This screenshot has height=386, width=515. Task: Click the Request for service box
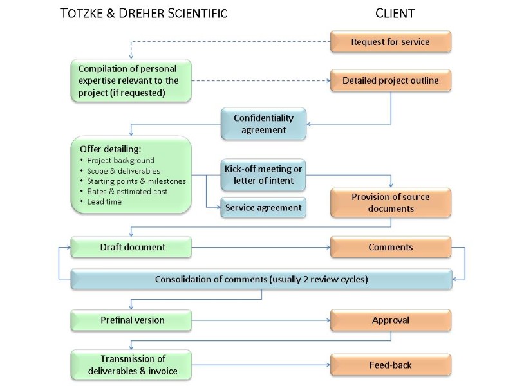click(390, 42)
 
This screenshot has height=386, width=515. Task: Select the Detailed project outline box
click(390, 80)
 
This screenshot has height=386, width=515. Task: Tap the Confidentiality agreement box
click(263, 124)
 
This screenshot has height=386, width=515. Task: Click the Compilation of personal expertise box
click(131, 81)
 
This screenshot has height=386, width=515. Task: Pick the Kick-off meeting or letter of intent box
click(263, 175)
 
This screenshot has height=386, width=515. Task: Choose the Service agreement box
click(263, 208)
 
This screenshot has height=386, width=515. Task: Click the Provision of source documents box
click(390, 203)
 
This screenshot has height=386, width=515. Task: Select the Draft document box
click(131, 247)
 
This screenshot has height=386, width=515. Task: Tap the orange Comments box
click(390, 247)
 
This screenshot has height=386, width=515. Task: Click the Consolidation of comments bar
click(261, 279)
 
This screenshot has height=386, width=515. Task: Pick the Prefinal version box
click(131, 320)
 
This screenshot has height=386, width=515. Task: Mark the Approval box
click(390, 320)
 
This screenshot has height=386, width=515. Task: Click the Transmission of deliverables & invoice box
click(131, 365)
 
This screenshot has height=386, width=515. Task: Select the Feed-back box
click(390, 365)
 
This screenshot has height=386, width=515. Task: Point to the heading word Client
click(395, 14)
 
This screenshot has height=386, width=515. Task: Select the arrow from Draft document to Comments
click(261, 247)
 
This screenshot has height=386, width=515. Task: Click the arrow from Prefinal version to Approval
click(261, 320)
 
